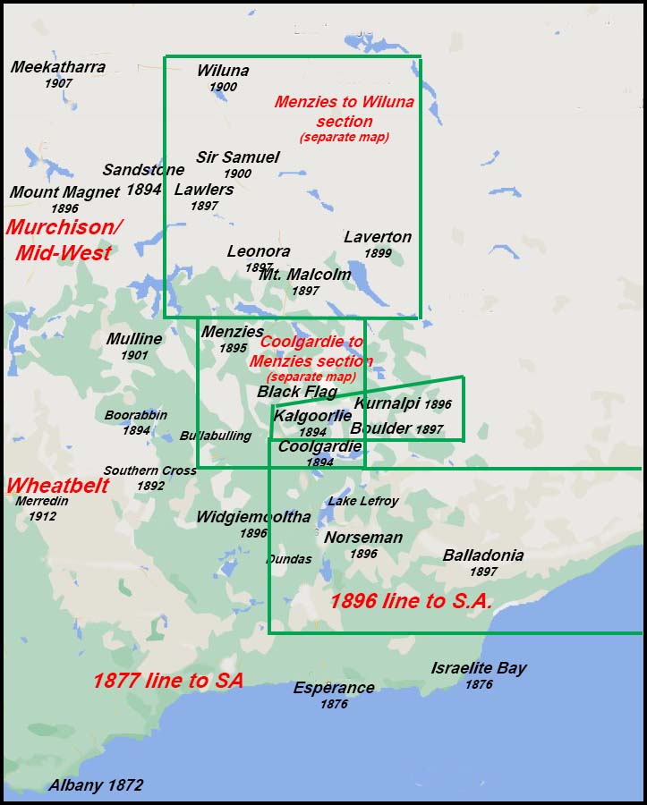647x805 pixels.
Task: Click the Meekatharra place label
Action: pos(58,67)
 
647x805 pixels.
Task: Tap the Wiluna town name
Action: pos(223,72)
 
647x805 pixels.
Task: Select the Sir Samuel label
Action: pos(238,157)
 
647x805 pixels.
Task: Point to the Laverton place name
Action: pos(378,237)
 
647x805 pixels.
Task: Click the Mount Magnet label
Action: pos(64,192)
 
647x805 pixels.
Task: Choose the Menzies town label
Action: pos(233,332)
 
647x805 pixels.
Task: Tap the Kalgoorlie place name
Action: pos(312,416)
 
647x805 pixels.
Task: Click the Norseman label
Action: pos(363,538)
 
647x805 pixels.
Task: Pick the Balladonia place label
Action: pos(483,555)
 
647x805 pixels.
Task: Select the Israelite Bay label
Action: pos(479,668)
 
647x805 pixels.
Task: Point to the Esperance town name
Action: pos(334,688)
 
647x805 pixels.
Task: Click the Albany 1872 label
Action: pos(96,785)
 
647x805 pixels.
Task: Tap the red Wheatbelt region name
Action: pos(57,486)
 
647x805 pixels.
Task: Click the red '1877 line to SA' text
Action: pos(168,681)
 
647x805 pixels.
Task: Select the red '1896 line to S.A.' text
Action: pos(411,601)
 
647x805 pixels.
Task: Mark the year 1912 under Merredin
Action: pos(42,516)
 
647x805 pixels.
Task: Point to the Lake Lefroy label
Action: pos(362,501)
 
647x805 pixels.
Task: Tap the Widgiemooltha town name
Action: pos(253,517)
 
